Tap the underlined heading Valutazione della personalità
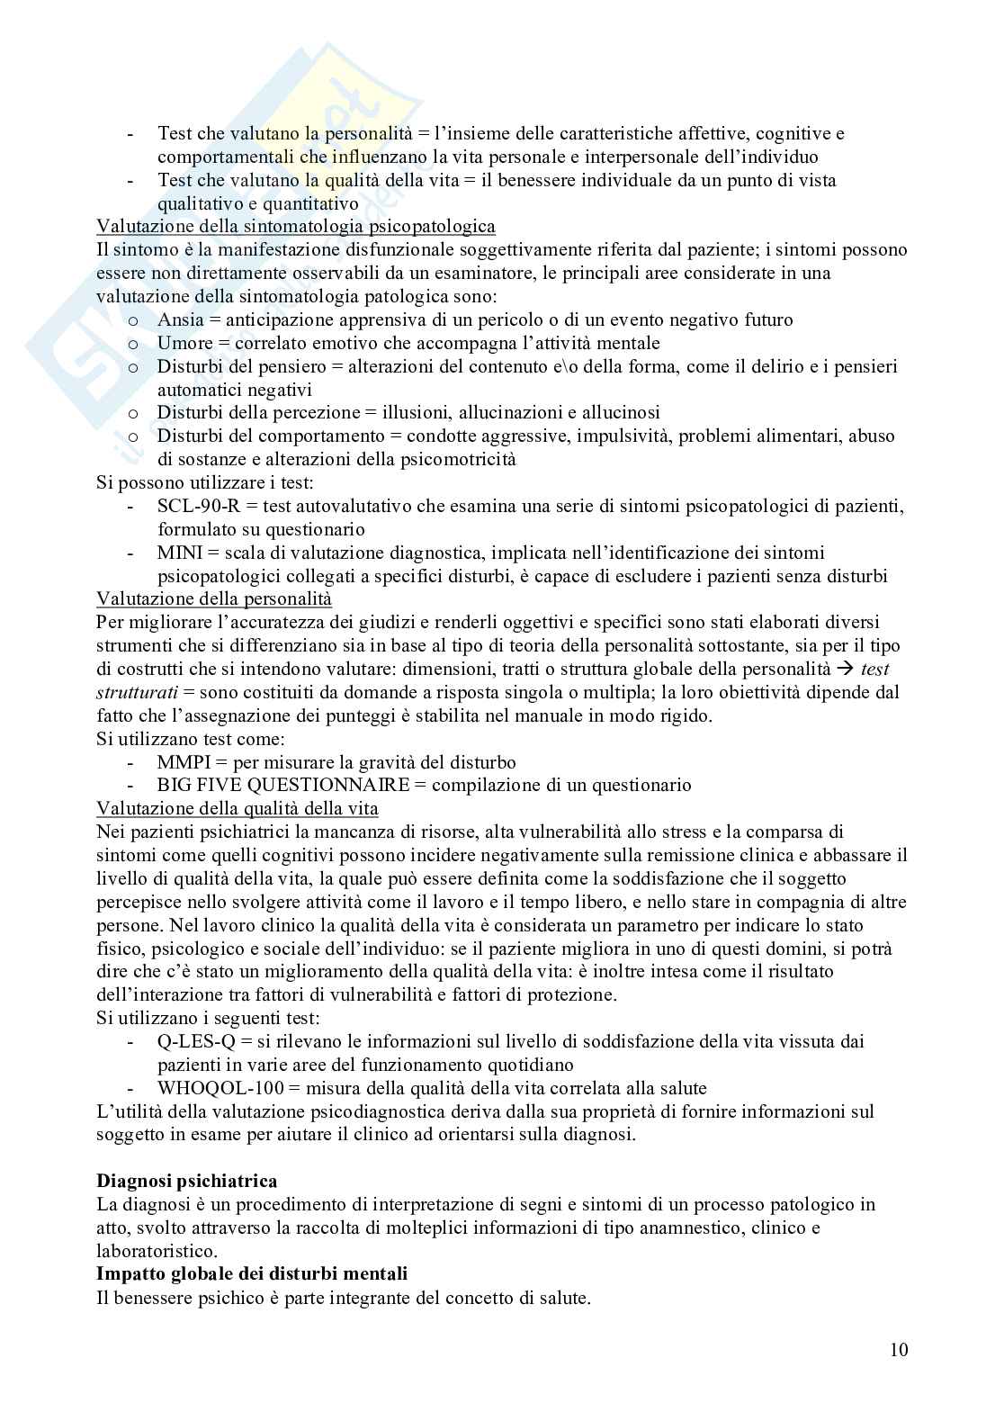pyautogui.click(x=214, y=598)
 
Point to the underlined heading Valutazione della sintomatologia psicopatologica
pyautogui.click(x=296, y=226)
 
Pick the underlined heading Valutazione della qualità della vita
pyautogui.click(x=238, y=808)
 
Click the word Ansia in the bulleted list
pyautogui.click(x=180, y=319)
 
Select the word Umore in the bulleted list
pyautogui.click(x=184, y=343)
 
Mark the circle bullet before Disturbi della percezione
pyautogui.click(x=133, y=413)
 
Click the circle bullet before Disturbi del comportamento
pyautogui.click(x=133, y=436)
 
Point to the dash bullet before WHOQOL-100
pyautogui.click(x=132, y=1088)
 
